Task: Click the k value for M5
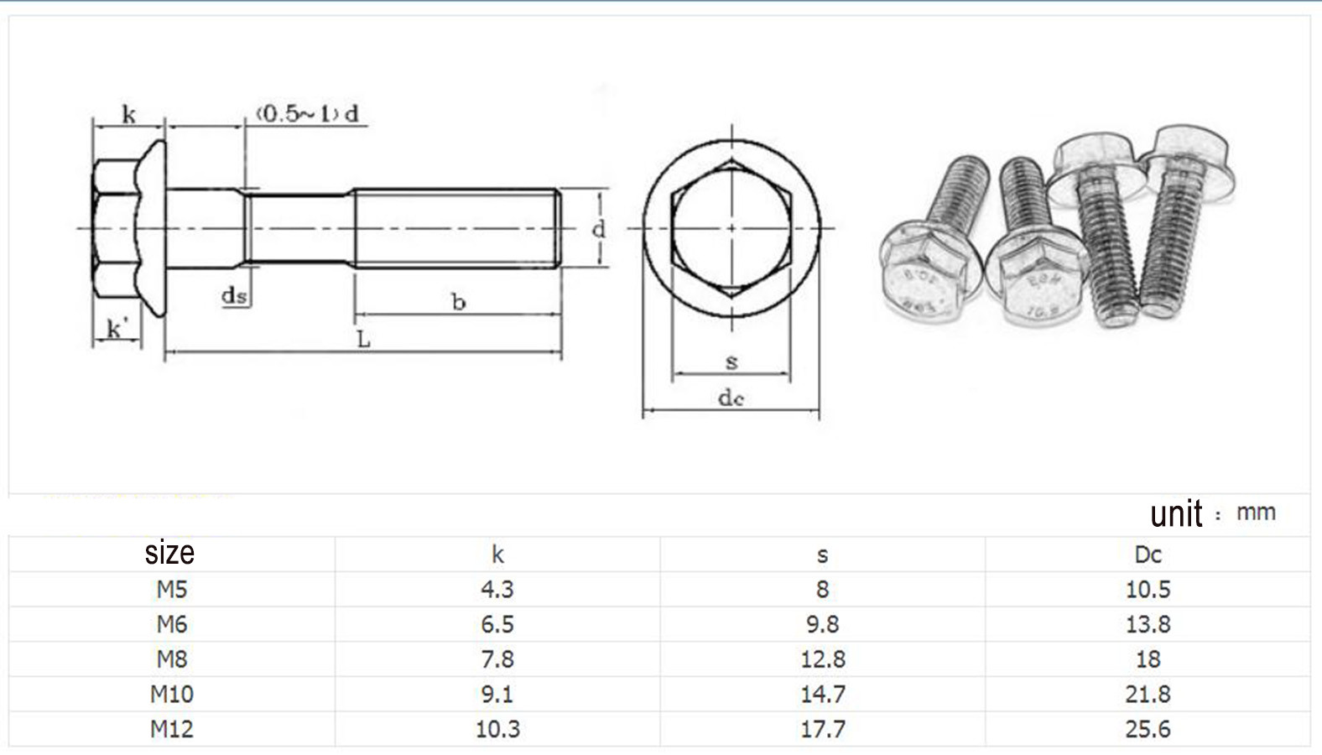point(497,589)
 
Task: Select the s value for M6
point(822,624)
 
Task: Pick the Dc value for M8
point(1148,659)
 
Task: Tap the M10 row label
point(172,694)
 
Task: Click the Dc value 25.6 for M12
point(1148,729)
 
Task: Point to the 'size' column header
point(169,553)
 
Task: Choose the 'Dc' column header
point(1148,555)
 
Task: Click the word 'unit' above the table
point(1176,513)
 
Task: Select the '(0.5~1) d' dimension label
point(308,113)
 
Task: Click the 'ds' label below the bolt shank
point(234,294)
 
